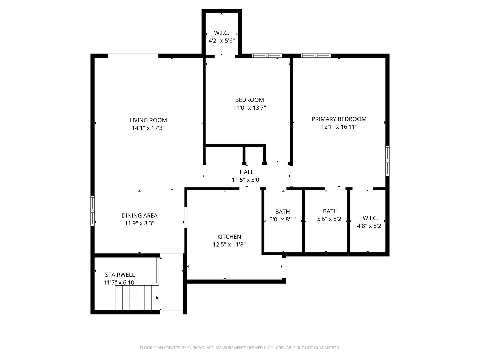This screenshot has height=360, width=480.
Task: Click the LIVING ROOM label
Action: point(148,120)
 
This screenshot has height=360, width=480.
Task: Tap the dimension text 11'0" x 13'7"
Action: point(249,108)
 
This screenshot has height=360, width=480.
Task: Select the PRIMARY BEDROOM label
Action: point(339,119)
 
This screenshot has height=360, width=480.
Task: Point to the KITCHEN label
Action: point(229,237)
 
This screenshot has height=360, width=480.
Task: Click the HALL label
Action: point(246,172)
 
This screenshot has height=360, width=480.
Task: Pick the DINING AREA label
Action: point(139,216)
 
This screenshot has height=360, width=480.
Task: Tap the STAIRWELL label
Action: point(120,275)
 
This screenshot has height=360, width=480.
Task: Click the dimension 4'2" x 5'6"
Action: point(222,41)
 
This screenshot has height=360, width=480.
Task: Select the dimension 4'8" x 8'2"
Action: point(370,226)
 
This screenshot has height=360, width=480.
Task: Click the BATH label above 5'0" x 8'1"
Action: point(282,212)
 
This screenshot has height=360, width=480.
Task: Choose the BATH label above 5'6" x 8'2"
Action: point(330,211)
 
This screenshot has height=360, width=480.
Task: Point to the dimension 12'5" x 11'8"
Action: point(229,244)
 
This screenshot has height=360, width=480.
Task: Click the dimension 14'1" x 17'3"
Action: point(148,128)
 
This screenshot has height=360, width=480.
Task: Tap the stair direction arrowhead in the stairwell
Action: point(157,298)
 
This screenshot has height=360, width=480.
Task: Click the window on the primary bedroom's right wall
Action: point(387,161)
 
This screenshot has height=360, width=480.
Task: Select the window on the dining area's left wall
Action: point(93,211)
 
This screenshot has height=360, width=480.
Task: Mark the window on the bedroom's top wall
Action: point(267,56)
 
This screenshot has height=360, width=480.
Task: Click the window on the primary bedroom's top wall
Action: point(316,56)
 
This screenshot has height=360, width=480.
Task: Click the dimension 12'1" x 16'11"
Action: point(339,127)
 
